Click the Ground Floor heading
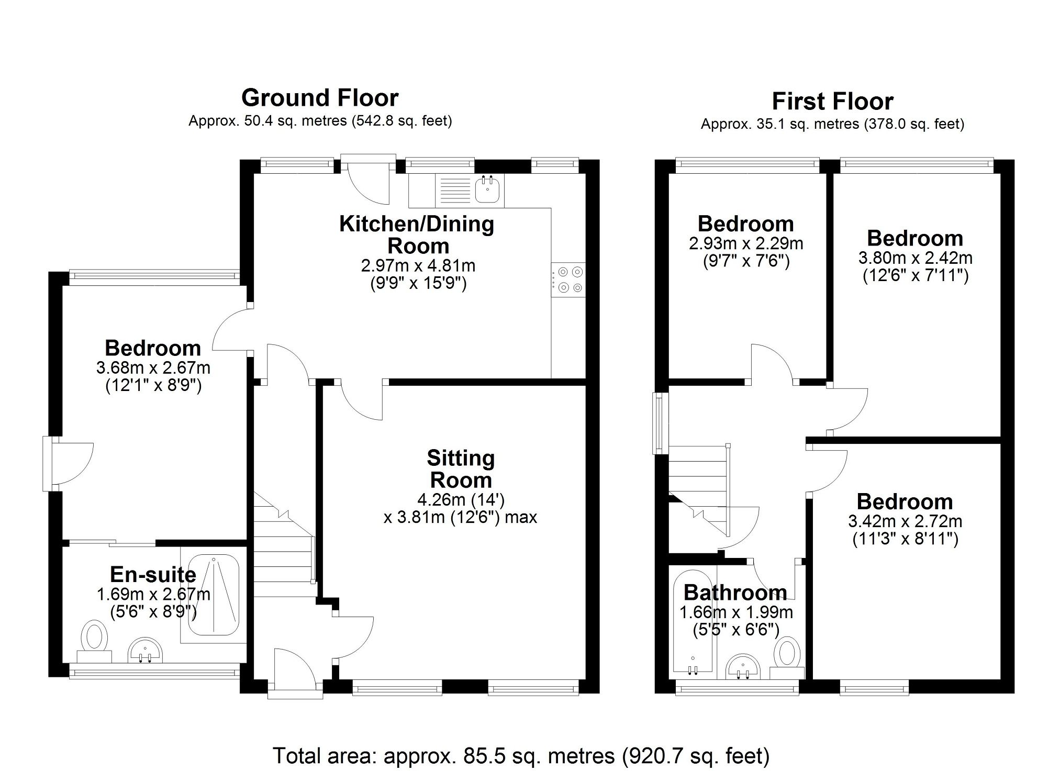320,98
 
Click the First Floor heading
832,101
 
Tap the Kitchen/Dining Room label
417,234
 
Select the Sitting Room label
461,469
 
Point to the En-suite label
153,575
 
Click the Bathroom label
735,593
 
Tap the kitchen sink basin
488,189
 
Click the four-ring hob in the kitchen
568,280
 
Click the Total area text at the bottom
521,756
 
